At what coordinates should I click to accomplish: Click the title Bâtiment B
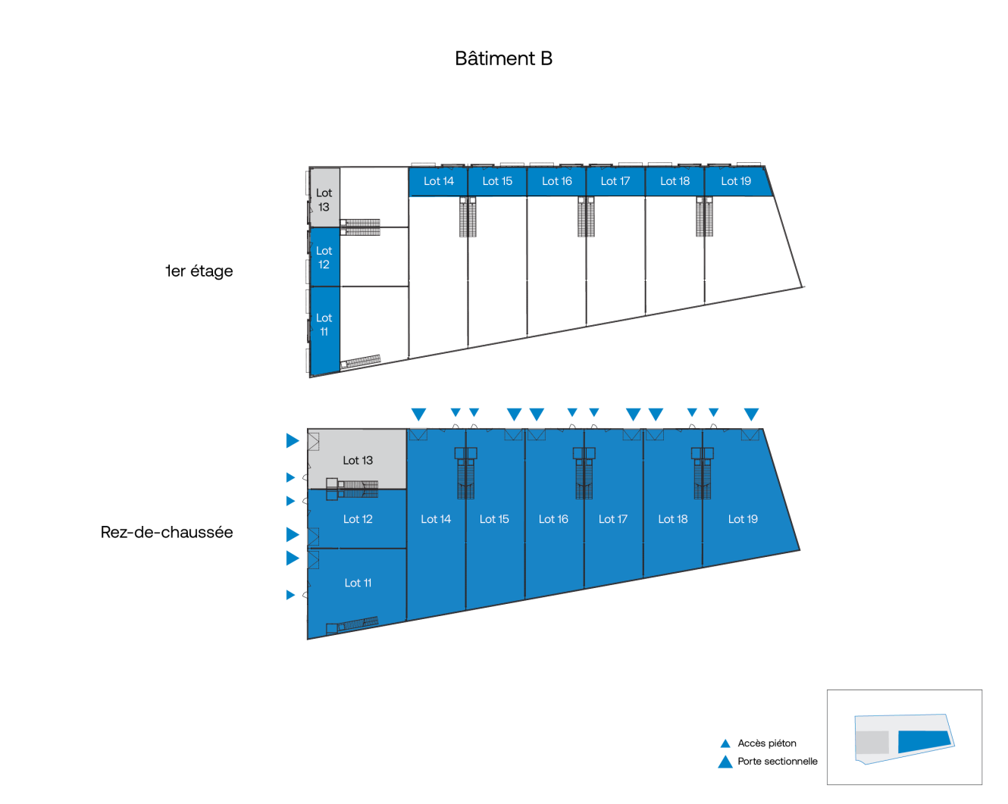[x=503, y=59]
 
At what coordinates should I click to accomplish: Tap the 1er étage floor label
[x=199, y=271]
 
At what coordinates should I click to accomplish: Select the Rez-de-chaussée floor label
[x=167, y=533]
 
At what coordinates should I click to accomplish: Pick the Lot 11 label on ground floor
[x=358, y=583]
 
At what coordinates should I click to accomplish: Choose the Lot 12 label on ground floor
[x=358, y=519]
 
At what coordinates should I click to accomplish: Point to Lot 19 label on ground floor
[x=743, y=519]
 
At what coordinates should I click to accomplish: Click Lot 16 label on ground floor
[x=553, y=519]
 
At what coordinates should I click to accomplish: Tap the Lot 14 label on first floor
[x=439, y=181]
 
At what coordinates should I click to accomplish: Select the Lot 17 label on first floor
[x=615, y=181]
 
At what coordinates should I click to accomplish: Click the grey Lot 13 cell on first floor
[x=324, y=199]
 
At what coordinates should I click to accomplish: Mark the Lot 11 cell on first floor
[x=324, y=325]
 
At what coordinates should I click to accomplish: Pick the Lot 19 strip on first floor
[x=736, y=181]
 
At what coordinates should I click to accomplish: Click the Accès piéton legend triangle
[x=725, y=743]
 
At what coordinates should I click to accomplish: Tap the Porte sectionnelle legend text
[x=778, y=762]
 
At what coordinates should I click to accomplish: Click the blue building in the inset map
[x=923, y=740]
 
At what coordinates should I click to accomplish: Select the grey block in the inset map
[x=872, y=742]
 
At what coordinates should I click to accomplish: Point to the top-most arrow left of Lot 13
[x=292, y=441]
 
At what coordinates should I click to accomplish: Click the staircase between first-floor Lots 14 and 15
[x=468, y=217]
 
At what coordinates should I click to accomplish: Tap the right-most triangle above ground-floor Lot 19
[x=751, y=415]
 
